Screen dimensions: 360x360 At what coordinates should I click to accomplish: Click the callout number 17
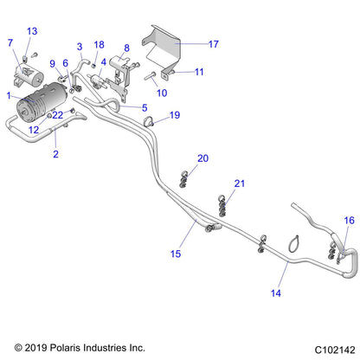click(214, 44)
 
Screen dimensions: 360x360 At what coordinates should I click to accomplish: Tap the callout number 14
click(276, 293)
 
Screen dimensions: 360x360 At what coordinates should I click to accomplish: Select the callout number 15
click(176, 254)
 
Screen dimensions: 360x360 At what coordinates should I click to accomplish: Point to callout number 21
click(240, 183)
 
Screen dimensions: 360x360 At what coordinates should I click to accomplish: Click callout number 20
click(202, 158)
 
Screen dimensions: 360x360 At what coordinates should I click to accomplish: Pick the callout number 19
click(175, 115)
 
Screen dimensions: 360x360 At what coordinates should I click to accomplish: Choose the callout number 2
click(56, 154)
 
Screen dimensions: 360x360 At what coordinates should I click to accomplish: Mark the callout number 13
click(32, 31)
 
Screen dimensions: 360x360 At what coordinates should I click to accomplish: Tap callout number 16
click(349, 221)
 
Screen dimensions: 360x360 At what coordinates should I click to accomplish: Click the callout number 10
click(162, 93)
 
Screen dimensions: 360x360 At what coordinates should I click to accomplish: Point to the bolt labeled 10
click(150, 76)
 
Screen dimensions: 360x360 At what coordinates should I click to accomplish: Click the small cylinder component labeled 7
click(29, 76)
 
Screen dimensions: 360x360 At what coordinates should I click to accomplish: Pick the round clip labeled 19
click(149, 121)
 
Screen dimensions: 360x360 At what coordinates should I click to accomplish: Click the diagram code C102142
click(335, 350)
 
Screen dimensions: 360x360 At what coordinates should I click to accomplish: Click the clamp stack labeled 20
click(183, 179)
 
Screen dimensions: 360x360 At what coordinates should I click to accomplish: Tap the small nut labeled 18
click(93, 66)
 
